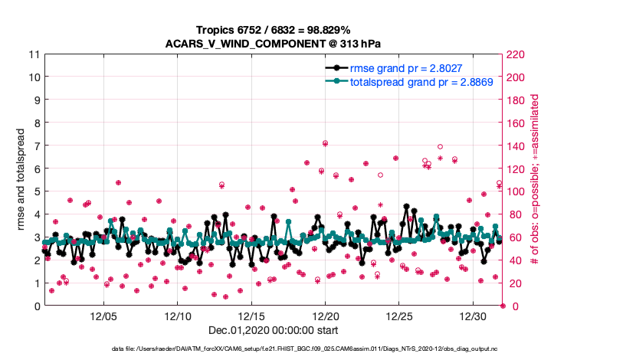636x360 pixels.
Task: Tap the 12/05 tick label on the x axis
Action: click(103, 316)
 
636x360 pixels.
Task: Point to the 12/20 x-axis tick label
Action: click(326, 316)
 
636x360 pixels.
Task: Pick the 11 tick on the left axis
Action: click(34, 54)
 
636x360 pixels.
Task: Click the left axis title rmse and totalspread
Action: click(21, 180)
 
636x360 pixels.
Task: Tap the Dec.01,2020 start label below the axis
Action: click(272, 330)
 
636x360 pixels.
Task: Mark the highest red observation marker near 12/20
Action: click(326, 143)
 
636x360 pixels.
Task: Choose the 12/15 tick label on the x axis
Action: click(251, 316)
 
